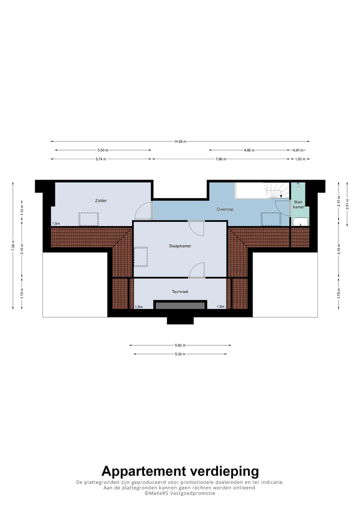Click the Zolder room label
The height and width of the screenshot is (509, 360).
point(101,200)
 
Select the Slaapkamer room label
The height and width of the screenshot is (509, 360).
point(180,246)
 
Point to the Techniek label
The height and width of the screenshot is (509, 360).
point(180,291)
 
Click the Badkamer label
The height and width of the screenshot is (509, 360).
point(299,204)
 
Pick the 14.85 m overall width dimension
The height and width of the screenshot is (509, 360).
point(180,141)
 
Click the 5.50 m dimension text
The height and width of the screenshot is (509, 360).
point(103,150)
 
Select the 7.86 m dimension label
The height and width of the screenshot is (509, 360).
point(220,159)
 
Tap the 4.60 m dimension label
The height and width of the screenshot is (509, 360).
point(249,150)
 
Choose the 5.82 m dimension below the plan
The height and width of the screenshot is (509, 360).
point(180,345)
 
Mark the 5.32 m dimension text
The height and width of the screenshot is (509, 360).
point(180,354)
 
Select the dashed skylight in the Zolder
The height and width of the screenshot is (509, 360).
point(88,219)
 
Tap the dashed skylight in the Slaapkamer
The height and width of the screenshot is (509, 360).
point(140,255)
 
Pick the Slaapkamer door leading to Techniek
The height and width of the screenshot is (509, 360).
point(197,270)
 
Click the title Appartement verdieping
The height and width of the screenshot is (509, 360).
point(180,471)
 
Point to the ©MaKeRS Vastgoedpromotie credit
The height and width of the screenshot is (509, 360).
point(180,493)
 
